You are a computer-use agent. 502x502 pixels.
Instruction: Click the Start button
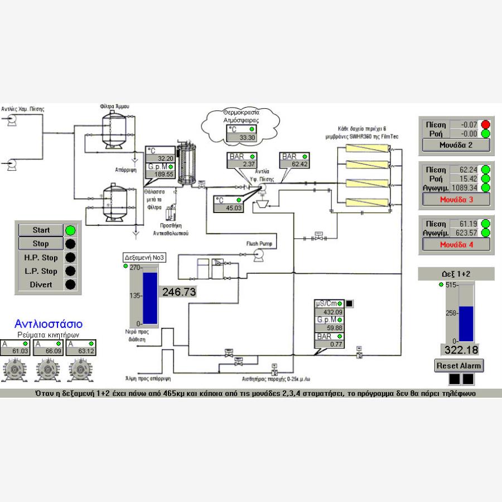pos(41,230)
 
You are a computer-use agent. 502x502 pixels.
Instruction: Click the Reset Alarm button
pos(459,365)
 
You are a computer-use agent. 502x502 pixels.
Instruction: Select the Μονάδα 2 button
pos(456,146)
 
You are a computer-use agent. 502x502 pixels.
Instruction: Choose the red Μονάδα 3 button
pos(456,199)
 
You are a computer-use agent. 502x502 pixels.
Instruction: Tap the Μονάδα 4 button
pos(456,244)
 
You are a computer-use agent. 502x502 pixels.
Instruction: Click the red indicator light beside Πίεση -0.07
pos(485,124)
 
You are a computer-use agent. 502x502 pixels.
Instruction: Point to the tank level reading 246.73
pos(179,292)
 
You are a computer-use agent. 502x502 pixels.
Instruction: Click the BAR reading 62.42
pos(296,165)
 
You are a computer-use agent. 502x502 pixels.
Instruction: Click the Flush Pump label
pos(262,244)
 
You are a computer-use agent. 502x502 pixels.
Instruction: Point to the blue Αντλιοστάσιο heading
pos(49,324)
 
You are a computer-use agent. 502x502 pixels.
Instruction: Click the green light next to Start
pos(70,230)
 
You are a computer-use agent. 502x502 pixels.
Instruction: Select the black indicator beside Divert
pos(70,284)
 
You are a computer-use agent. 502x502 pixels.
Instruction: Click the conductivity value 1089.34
pos(465,187)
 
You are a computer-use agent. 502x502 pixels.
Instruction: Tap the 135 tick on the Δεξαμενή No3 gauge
pos(135,296)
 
